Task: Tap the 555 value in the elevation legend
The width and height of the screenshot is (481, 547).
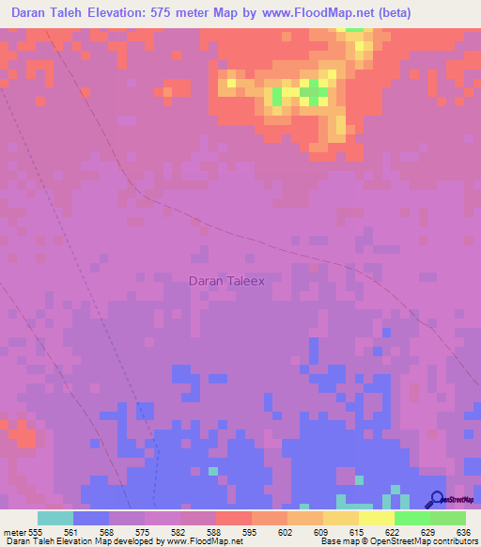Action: pos(36,532)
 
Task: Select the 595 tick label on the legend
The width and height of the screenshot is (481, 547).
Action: pos(249,532)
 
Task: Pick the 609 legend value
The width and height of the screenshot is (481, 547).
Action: pos(320,532)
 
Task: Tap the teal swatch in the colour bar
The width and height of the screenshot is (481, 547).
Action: pos(55,518)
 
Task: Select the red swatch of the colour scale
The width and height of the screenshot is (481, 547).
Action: pos(233,518)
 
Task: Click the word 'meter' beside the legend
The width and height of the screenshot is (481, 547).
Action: pos(13,532)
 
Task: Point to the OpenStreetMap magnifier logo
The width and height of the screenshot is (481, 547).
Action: pos(436,499)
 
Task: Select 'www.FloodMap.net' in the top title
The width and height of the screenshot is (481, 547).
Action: pos(320,12)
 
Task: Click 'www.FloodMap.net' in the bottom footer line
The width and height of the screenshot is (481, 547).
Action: pos(200,541)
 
